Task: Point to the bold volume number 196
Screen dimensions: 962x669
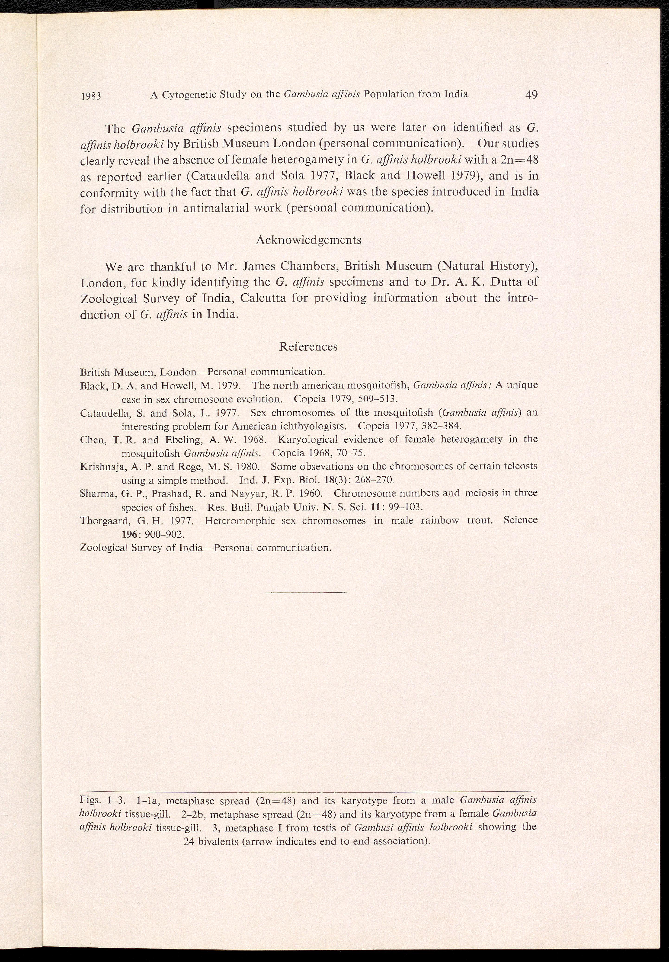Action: coord(129,535)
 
